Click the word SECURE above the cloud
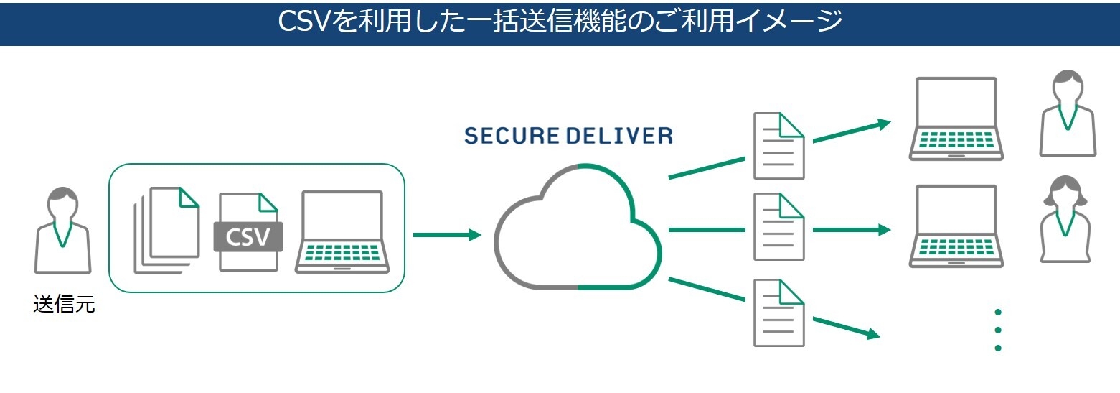pos(509,135)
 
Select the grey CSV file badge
pos(248,236)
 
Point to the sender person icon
pos(63,230)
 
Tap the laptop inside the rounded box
pos(342,231)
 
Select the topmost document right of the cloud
pos(778,146)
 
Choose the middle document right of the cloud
pos(778,226)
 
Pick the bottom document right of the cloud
pos(778,313)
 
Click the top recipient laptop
pos(956,118)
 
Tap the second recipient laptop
pos(956,226)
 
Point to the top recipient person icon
pos(1068,113)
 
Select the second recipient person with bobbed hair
pos(1066,219)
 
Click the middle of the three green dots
pos(998,330)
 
